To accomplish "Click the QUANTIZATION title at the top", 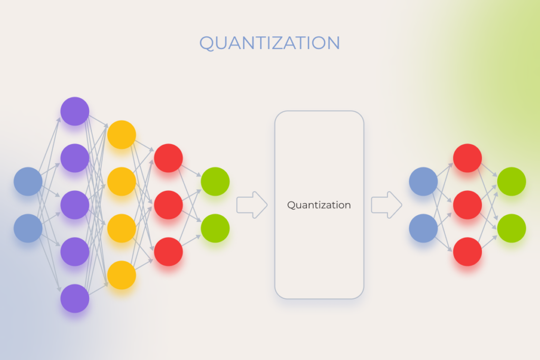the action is pyautogui.click(x=269, y=43).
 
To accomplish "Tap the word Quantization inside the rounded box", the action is pyautogui.click(x=319, y=205).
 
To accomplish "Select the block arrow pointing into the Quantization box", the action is pyautogui.click(x=252, y=205).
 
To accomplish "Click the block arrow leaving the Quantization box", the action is pyautogui.click(x=387, y=205).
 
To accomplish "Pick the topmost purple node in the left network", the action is pyautogui.click(x=75, y=111).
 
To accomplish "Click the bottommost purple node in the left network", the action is pyautogui.click(x=75, y=298).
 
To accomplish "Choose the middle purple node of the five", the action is pyautogui.click(x=75, y=205).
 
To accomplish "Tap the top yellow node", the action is pyautogui.click(x=122, y=134).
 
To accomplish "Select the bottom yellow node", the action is pyautogui.click(x=122, y=275).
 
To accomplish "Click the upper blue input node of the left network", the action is pyautogui.click(x=28, y=181).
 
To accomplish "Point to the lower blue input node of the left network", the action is pyautogui.click(x=28, y=228).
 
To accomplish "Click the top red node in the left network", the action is pyautogui.click(x=168, y=158).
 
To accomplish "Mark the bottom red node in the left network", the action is pyautogui.click(x=168, y=251).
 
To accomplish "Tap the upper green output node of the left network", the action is pyautogui.click(x=215, y=181).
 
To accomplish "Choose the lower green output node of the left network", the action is pyautogui.click(x=215, y=228).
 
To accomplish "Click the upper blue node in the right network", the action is pyautogui.click(x=423, y=181).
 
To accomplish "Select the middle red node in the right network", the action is pyautogui.click(x=467, y=205).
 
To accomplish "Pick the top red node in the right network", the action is pyautogui.click(x=467, y=158).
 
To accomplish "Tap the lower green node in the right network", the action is pyautogui.click(x=512, y=228).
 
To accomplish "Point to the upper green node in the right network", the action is pyautogui.click(x=512, y=181).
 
